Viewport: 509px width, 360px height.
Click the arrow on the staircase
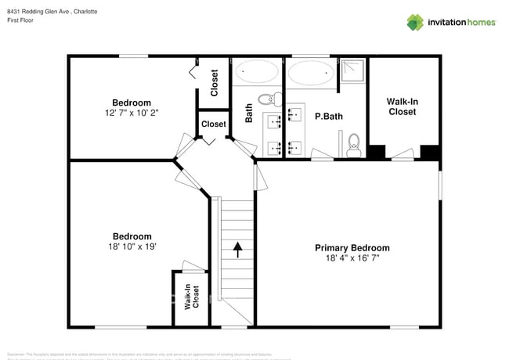[x=237, y=250]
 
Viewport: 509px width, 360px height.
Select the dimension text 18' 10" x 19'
[x=132, y=247]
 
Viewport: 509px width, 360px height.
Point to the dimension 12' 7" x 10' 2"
[x=132, y=113]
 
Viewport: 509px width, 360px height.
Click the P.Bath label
[x=330, y=117]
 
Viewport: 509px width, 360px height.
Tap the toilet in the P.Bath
[x=353, y=142]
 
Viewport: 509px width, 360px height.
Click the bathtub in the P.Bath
[x=309, y=74]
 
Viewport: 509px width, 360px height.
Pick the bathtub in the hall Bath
[x=257, y=74]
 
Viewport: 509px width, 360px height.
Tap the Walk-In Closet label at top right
[x=402, y=106]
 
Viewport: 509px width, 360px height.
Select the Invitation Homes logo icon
[x=415, y=22]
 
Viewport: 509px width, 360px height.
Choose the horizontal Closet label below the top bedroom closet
[x=213, y=124]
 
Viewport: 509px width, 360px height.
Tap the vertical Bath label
[x=249, y=114]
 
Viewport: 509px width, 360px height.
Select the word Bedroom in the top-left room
[x=132, y=103]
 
